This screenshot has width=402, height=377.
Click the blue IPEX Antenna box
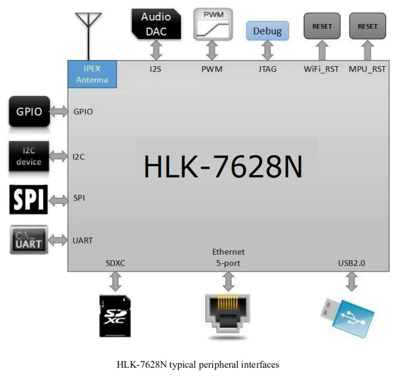click(x=91, y=74)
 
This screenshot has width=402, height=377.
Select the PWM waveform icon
click(x=212, y=24)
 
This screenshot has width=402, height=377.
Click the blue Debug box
click(x=267, y=31)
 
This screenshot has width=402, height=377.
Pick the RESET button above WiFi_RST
click(x=322, y=27)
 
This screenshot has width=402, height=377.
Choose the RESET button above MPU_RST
click(x=367, y=27)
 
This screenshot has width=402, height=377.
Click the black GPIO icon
click(x=29, y=111)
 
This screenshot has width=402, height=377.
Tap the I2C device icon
click(x=29, y=156)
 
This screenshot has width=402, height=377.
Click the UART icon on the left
click(x=29, y=240)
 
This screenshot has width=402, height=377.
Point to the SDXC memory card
click(x=115, y=315)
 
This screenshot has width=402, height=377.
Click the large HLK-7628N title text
click(x=223, y=167)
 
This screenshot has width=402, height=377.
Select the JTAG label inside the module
click(x=267, y=69)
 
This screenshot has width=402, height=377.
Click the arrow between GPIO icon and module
click(x=60, y=111)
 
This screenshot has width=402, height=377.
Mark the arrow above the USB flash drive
click(x=351, y=281)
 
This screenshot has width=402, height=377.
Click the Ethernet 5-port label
click(x=228, y=257)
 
